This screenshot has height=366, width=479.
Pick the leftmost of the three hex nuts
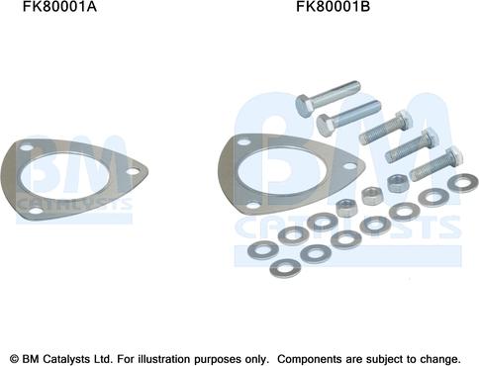click(x=346, y=207)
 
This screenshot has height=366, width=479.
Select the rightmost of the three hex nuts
click(x=395, y=181)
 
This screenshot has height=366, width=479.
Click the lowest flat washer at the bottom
click(x=288, y=268)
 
